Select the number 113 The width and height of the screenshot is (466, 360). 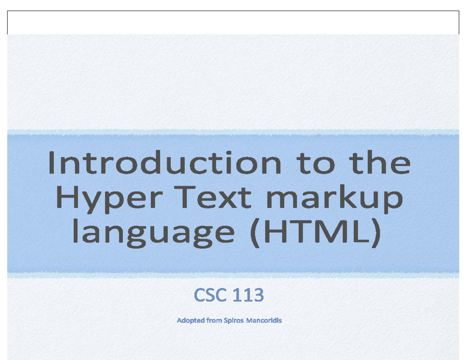tap(248, 296)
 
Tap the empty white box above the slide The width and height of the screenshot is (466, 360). tap(233, 23)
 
